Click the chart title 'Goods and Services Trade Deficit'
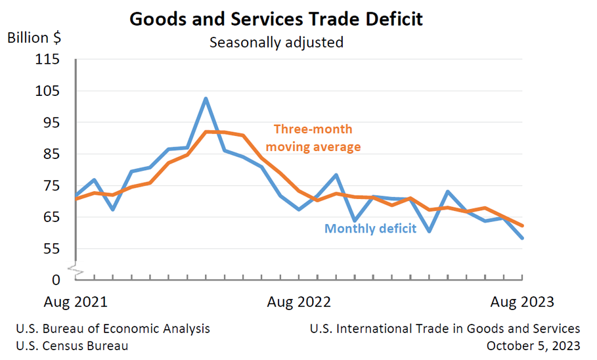click(x=276, y=18)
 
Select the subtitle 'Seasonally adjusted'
click(x=276, y=43)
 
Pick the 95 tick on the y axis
click(x=51, y=123)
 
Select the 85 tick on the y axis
click(x=51, y=154)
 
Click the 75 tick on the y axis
click(x=51, y=186)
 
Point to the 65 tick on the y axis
click(x=51, y=217)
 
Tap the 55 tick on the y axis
click(x=51, y=249)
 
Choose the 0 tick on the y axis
click(x=56, y=280)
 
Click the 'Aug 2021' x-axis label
click(x=76, y=302)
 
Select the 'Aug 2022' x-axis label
click(x=299, y=302)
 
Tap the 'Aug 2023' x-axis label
click(x=522, y=302)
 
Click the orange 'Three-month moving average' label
click(x=313, y=138)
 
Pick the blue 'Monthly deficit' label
click(x=370, y=229)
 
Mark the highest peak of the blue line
click(x=206, y=99)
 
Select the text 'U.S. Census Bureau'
click(x=72, y=346)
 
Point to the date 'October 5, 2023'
click(x=533, y=346)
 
